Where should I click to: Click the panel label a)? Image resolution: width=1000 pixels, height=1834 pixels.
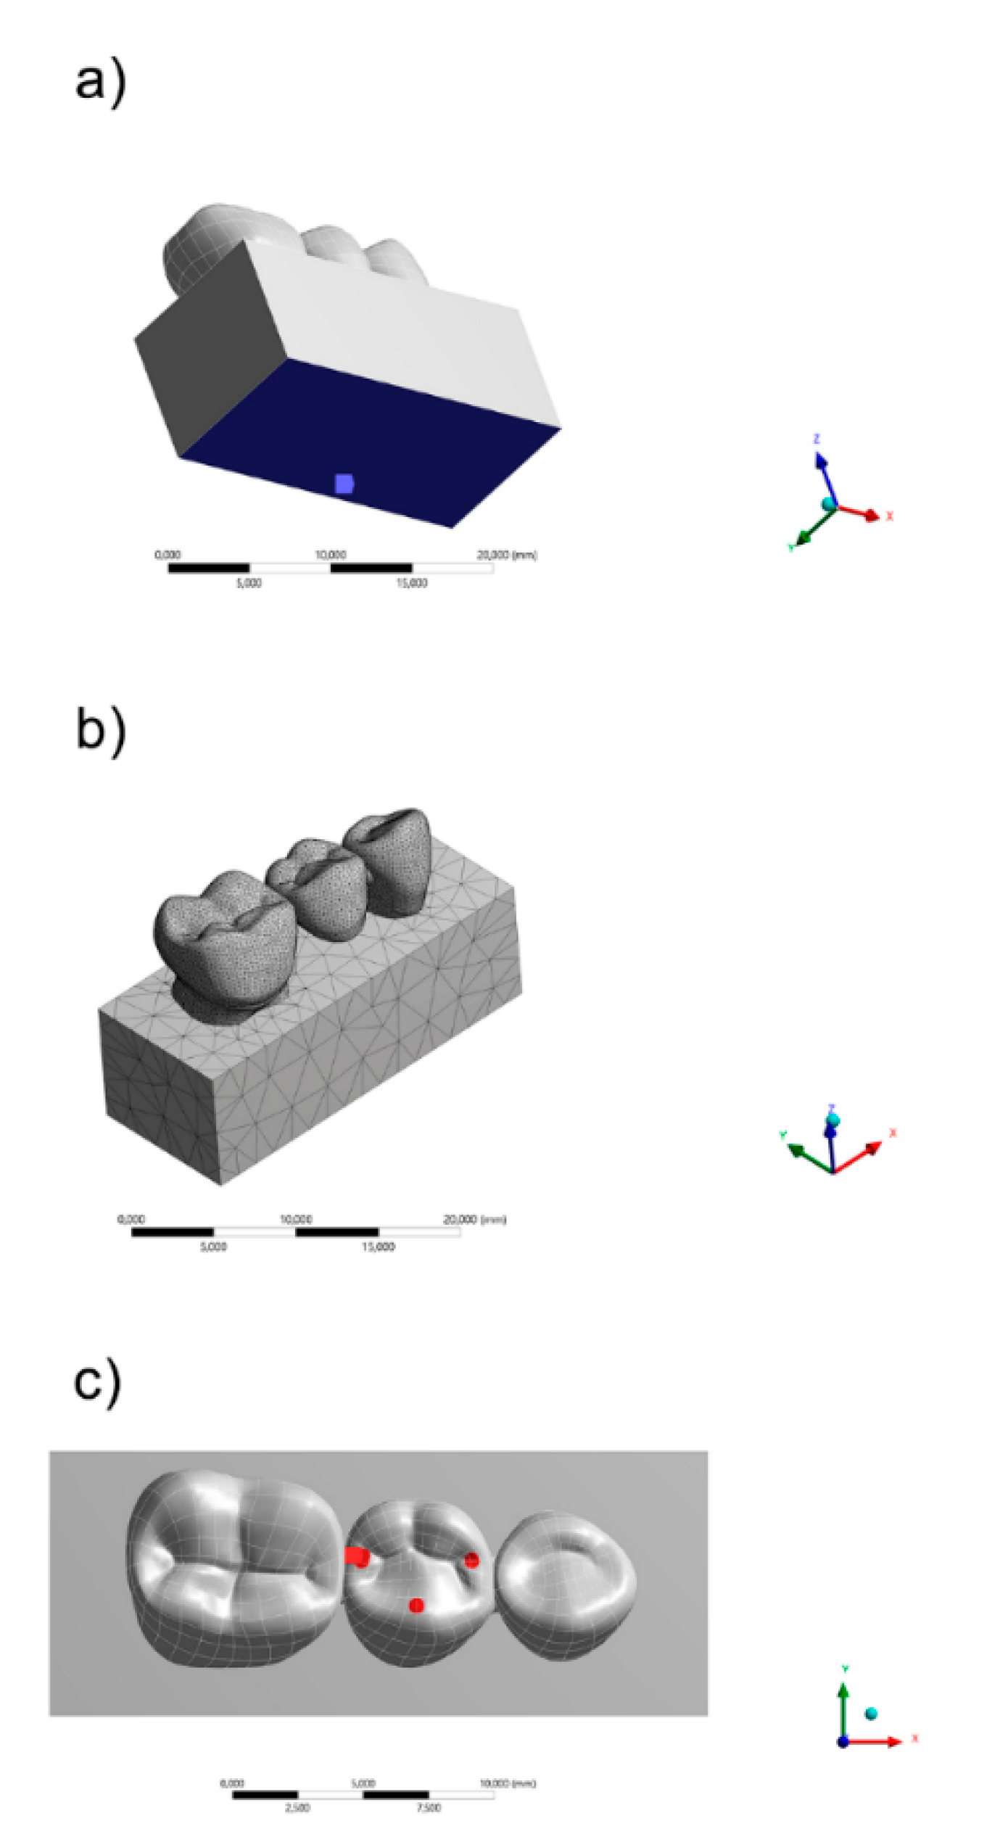pos(100,82)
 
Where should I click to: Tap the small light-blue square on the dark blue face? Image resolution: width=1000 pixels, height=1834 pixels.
pos(344,483)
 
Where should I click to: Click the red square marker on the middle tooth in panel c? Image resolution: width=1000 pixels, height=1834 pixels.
pos(353,1556)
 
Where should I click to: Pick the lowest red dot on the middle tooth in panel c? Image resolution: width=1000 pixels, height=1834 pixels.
pos(416,1606)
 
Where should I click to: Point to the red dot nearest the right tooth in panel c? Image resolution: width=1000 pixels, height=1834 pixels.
pos(471,1559)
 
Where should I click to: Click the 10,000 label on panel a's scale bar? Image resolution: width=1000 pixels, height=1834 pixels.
pos(331,555)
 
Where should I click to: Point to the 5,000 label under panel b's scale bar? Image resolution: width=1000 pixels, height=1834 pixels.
pos(213,1247)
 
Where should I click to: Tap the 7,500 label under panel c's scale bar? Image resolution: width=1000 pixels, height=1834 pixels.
pos(429,1807)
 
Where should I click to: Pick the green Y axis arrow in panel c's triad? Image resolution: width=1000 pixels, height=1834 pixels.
pos(843,1708)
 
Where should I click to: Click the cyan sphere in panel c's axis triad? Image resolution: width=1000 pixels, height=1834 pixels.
pos(871,1714)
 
